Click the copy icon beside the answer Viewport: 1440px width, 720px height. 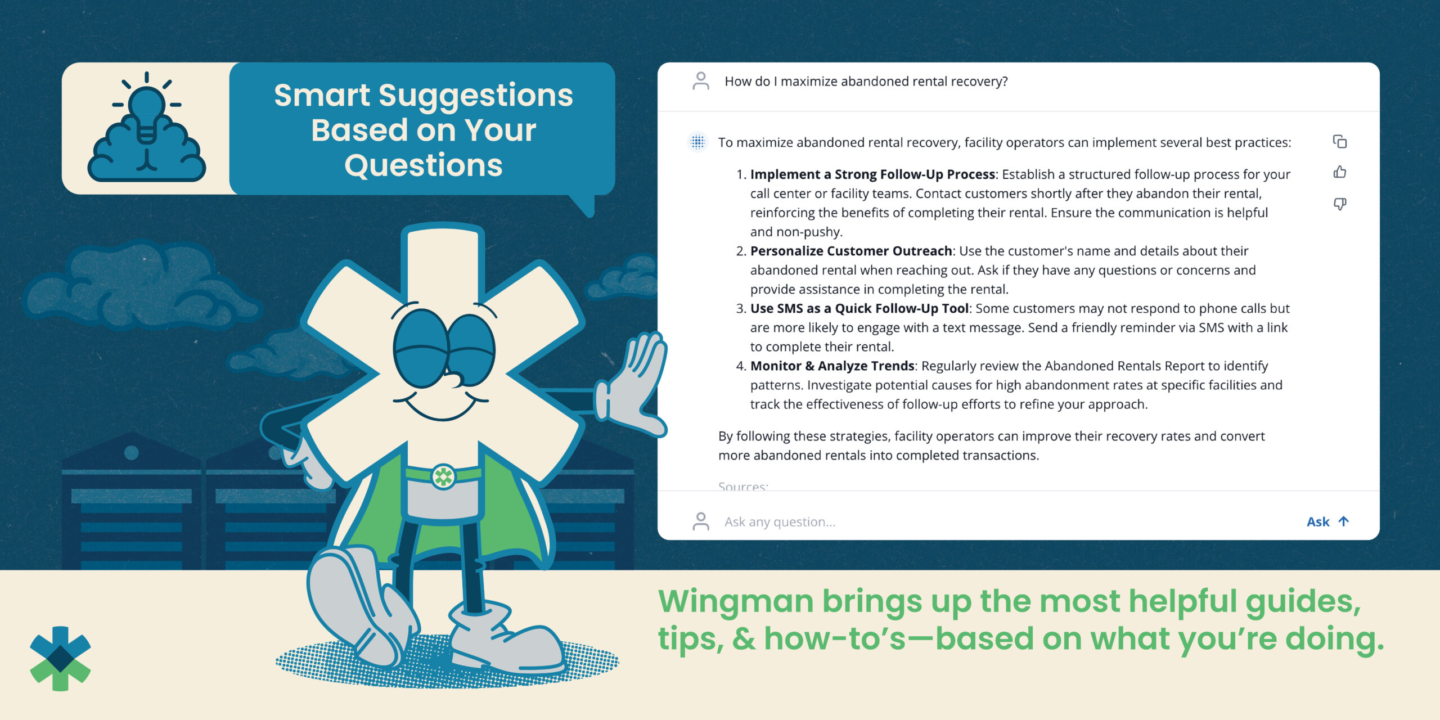coord(1340,142)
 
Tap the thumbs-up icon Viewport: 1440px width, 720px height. coord(1340,172)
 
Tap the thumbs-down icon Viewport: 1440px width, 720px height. coord(1340,204)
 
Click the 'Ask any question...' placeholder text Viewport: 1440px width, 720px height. coord(780,522)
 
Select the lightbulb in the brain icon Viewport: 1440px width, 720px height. coord(147,115)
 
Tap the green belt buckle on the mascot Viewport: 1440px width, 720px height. coord(443,476)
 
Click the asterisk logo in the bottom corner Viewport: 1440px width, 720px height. coord(60,658)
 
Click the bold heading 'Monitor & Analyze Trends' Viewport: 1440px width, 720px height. coord(832,366)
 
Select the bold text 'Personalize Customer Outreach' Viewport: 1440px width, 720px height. coord(851,251)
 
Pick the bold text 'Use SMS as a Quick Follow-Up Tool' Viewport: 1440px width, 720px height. coord(859,308)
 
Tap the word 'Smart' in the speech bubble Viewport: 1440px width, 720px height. coord(322,95)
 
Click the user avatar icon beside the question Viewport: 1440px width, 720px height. coord(701,81)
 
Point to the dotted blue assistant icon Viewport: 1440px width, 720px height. coord(698,142)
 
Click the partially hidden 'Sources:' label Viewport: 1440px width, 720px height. coord(743,486)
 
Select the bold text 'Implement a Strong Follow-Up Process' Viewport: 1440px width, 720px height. coord(872,174)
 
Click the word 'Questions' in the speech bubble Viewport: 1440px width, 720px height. coord(424,165)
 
